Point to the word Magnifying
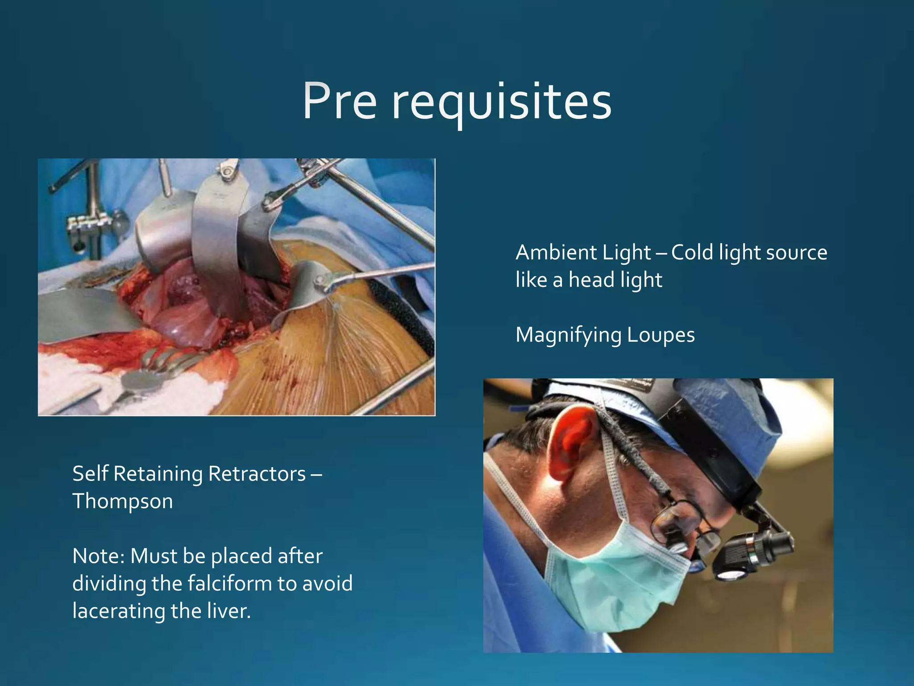coord(568,335)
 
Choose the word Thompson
coord(123,502)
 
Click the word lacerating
coord(118,611)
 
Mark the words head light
coord(615,280)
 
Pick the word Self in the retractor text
coord(91,474)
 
